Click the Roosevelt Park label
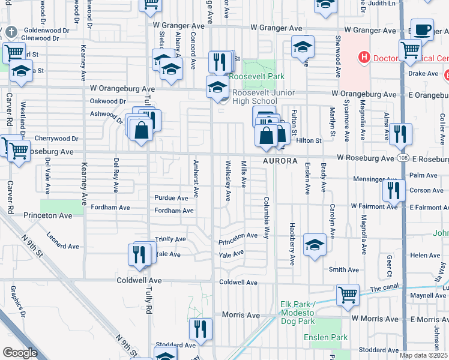point(259,77)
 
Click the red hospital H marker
point(363,58)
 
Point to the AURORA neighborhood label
point(280,161)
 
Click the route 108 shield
point(402,158)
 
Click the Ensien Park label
point(331,338)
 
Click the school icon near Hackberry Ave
point(314,245)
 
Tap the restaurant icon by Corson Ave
point(393,191)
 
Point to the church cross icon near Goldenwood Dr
point(12,30)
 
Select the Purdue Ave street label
point(172,198)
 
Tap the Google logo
point(20,353)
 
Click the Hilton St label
point(309,140)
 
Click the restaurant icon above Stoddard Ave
point(200,329)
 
